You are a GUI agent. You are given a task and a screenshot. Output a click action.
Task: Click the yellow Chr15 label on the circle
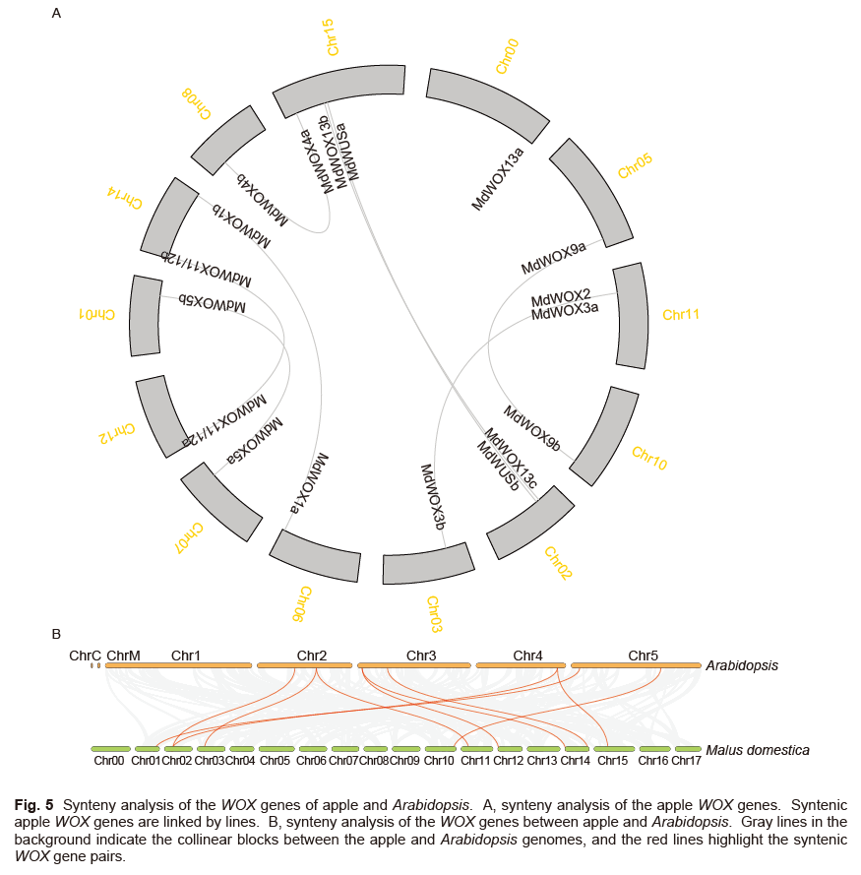(333, 37)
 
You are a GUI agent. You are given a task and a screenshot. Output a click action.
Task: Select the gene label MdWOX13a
(499, 176)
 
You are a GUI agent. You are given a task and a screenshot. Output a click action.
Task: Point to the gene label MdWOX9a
(553, 258)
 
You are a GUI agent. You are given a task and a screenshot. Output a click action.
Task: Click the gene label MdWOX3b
(433, 497)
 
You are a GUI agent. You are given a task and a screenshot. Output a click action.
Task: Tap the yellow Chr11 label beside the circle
(680, 315)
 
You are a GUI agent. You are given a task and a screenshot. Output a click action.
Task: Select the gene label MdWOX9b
(531, 427)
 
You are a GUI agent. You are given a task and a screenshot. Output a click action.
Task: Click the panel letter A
(56, 14)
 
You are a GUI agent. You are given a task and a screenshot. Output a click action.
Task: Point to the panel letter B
(56, 634)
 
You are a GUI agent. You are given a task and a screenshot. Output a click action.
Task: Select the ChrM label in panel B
(123, 655)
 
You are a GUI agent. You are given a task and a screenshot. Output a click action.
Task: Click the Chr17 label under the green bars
(686, 761)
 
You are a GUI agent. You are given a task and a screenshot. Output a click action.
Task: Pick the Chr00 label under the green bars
(109, 761)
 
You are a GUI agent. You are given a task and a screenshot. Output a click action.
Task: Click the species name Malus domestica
(758, 750)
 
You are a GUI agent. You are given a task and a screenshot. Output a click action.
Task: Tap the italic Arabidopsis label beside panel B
(742, 665)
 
